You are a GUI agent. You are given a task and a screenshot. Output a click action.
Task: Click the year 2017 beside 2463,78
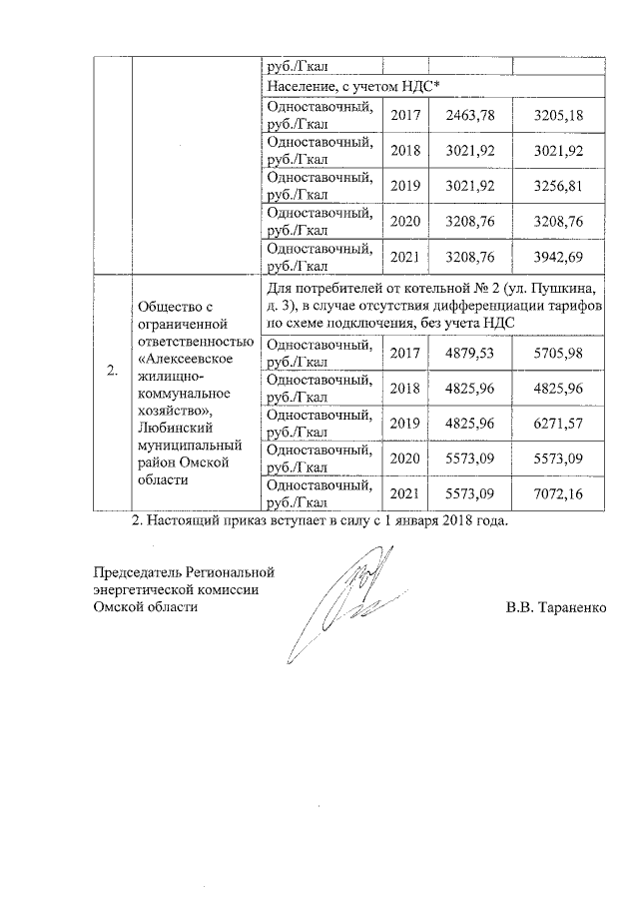(x=404, y=115)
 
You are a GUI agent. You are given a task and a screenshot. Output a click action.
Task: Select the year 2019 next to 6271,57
(x=404, y=424)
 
